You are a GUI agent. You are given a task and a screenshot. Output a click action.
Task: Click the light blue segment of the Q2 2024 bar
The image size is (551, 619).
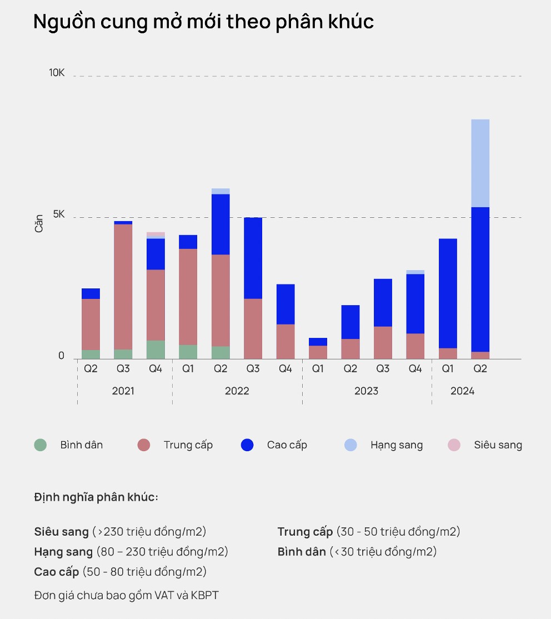coord(480,163)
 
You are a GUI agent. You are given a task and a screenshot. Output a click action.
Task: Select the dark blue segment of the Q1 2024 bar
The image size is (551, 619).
coord(448,293)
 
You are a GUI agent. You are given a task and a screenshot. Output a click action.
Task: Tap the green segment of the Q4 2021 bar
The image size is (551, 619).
coord(156,350)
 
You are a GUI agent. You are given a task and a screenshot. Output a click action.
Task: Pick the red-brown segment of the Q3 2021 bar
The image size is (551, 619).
coord(123,287)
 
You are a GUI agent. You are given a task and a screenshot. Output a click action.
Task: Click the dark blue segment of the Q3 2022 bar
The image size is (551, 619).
coord(253,258)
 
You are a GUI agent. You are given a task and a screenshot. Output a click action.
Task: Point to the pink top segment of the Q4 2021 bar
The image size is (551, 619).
coord(156,234)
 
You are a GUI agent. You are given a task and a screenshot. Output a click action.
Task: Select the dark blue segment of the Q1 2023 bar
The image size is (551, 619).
coord(318,342)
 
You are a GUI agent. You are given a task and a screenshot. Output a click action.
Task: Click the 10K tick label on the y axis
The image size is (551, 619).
coord(57,73)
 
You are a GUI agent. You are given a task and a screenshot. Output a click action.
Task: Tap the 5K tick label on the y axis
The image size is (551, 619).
coord(58,214)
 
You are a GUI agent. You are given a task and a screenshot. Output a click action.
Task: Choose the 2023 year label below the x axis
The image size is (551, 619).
coord(366,391)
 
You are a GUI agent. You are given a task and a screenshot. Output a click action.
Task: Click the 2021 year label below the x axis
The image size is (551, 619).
coord(123,391)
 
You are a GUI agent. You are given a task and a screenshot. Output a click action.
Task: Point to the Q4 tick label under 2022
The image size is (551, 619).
coord(285,369)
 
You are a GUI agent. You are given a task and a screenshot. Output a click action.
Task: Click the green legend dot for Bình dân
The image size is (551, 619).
coord(40,445)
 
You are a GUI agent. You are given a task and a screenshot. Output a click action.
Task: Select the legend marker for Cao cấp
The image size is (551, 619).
coord(247,445)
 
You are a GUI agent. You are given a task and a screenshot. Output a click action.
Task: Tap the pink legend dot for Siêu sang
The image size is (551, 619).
coord(454,445)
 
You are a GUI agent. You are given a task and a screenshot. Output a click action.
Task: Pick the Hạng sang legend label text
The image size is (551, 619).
coord(397,445)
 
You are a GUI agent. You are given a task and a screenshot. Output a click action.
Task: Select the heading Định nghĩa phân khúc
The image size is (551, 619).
coord(96,497)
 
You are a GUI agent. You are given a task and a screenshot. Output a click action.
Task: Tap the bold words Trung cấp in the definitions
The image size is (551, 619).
coord(305,532)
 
